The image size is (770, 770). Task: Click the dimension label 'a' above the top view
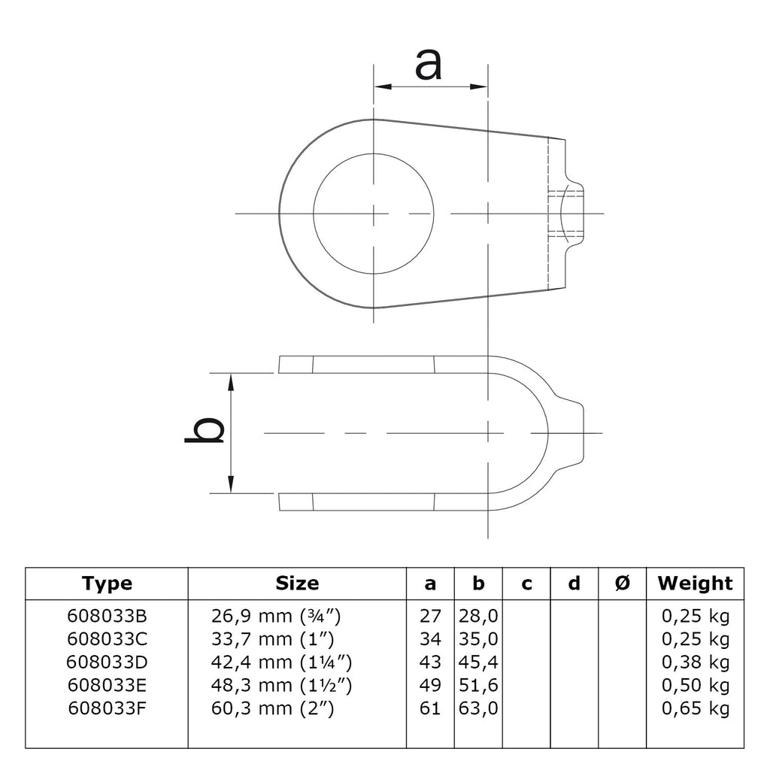click(x=428, y=65)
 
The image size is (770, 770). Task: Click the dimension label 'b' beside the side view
click(x=205, y=430)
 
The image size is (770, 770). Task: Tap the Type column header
click(x=107, y=584)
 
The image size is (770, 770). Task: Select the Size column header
click(x=297, y=584)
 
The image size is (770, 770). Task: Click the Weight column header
click(x=695, y=584)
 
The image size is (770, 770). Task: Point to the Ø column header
click(x=622, y=584)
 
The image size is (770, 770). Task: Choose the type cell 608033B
click(x=107, y=616)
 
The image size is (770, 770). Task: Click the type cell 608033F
click(x=107, y=708)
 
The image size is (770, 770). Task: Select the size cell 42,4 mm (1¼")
click(x=281, y=662)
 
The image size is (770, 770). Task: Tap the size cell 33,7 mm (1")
click(x=272, y=639)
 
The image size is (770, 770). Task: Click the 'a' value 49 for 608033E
click(x=430, y=685)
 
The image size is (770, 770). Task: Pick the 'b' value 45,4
click(x=478, y=662)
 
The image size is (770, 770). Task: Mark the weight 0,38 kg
click(x=696, y=662)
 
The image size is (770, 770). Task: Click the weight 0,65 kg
click(x=696, y=708)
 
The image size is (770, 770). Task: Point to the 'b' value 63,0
click(x=478, y=708)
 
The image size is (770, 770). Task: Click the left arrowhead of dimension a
click(x=383, y=87)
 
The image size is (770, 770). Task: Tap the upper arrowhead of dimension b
click(x=231, y=382)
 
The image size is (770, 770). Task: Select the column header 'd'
click(x=574, y=584)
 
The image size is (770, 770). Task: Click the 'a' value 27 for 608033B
click(x=430, y=616)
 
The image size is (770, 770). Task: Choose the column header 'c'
click(x=526, y=584)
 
